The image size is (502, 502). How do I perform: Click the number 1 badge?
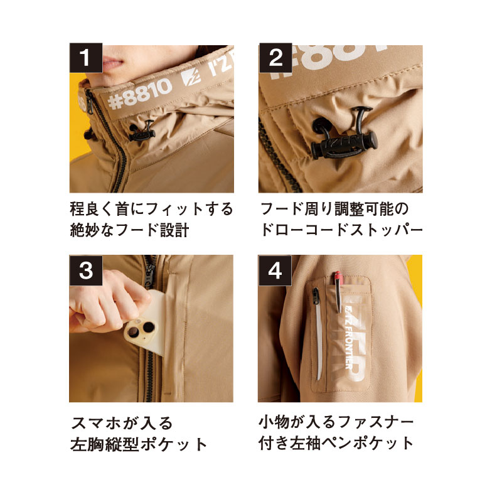pyautogui.click(x=86, y=58)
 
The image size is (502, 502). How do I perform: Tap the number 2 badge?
pyautogui.click(x=275, y=58)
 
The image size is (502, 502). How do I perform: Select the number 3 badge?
pyautogui.click(x=86, y=270)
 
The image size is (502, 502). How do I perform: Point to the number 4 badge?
pyautogui.click(x=275, y=270)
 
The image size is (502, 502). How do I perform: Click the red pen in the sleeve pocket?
pyautogui.click(x=338, y=291)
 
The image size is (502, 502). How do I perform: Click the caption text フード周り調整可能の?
pyautogui.click(x=334, y=209)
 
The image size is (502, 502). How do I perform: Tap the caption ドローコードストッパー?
pyautogui.click(x=341, y=230)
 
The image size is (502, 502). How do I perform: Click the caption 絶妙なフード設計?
pyautogui.click(x=129, y=230)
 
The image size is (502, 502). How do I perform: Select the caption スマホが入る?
pyautogui.click(x=122, y=423)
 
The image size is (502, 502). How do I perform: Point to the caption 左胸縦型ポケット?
pyautogui.click(x=139, y=444)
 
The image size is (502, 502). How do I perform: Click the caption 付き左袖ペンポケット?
pyautogui.click(x=336, y=443)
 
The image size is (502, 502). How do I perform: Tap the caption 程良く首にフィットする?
pyautogui.click(x=151, y=209)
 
